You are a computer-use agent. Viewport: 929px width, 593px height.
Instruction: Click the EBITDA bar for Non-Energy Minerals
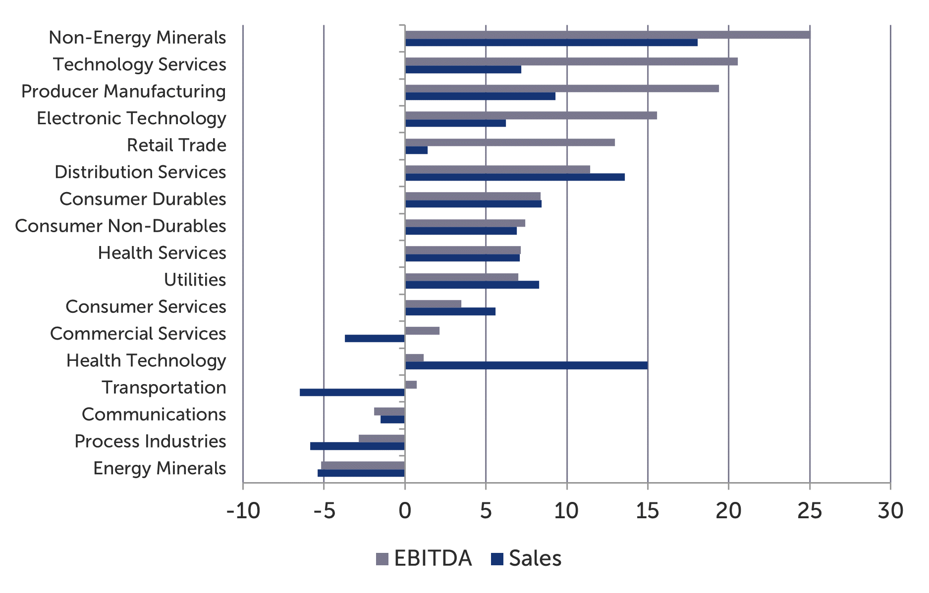point(607,35)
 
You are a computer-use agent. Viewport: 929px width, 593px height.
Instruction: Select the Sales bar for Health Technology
point(526,365)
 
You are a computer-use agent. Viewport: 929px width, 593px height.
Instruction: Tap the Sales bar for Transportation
point(352,393)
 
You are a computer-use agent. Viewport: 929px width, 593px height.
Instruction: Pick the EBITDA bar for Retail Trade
point(510,143)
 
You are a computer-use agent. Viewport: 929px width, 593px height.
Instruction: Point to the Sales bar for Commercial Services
point(375,339)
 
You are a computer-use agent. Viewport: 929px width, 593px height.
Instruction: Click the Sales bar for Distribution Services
point(515,177)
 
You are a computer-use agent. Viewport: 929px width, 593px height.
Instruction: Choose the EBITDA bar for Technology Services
point(571,61)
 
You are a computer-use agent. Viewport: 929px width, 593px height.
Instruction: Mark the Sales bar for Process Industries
point(357,446)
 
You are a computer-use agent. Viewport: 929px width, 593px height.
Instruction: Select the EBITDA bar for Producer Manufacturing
point(562,89)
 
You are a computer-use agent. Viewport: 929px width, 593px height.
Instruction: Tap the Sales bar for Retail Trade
point(416,150)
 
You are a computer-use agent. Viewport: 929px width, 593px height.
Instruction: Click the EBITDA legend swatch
point(382,559)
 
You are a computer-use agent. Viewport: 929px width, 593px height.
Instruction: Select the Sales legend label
point(535,558)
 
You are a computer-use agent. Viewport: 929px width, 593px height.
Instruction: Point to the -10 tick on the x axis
point(243,510)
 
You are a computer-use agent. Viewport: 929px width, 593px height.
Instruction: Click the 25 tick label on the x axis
point(810,510)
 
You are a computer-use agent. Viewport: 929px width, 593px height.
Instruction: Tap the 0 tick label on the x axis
point(405,510)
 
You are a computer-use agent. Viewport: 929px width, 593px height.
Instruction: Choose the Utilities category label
point(195,280)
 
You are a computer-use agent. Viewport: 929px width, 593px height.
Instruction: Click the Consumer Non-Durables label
point(120,226)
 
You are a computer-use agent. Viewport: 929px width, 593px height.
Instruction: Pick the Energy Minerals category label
point(160,468)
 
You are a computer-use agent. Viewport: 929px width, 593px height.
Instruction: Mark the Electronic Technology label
point(131,118)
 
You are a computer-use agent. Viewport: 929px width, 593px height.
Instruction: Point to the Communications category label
point(154,414)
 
